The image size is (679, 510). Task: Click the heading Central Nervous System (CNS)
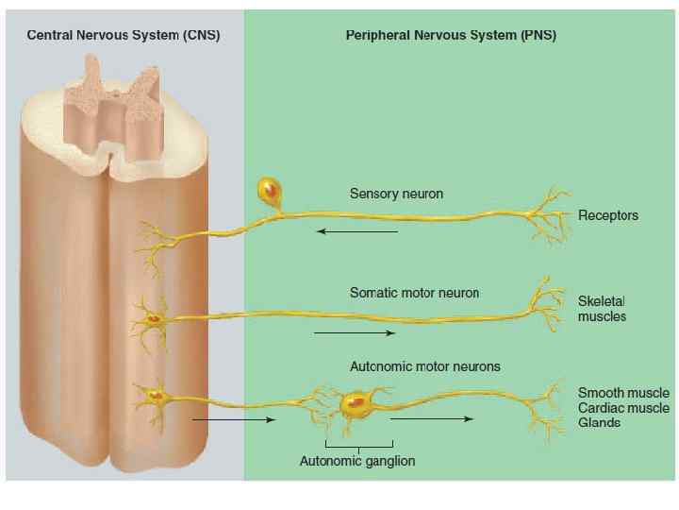[x=124, y=36]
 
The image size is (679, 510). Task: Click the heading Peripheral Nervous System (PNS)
[x=451, y=36]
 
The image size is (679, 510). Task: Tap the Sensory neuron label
[x=396, y=194]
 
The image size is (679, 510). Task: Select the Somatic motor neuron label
[x=414, y=293]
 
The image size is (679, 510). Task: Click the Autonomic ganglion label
[x=357, y=461]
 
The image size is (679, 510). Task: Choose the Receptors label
[x=607, y=215]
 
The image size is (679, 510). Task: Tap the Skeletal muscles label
[x=602, y=308]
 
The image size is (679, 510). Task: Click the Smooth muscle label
[x=623, y=392]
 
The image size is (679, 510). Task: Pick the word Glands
[x=599, y=423]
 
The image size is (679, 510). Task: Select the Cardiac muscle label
[x=623, y=408]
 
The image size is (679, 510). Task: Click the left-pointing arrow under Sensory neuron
[x=356, y=231]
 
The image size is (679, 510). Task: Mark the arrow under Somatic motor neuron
[x=353, y=333]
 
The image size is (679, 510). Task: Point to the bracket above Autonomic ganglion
[x=357, y=445]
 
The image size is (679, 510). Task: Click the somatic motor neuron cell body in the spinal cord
[x=153, y=318]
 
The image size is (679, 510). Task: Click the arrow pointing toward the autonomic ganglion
[x=233, y=418]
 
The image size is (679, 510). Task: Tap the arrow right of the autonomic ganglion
[x=442, y=418]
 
